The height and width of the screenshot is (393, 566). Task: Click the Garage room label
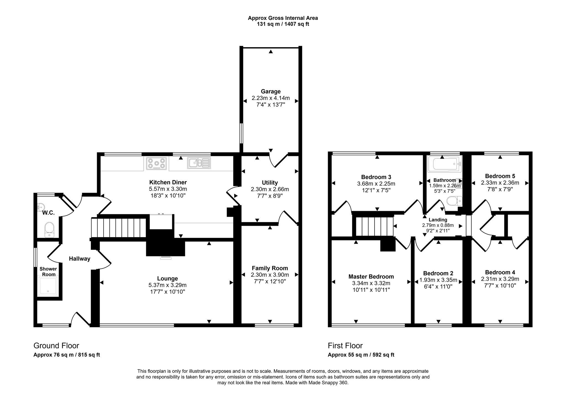271,91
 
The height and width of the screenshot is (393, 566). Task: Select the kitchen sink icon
199,163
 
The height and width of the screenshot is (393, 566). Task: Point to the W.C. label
48,213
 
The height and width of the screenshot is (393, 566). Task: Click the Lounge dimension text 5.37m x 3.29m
167,285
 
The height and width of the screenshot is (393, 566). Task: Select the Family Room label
270,268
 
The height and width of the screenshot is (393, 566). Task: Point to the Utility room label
270,182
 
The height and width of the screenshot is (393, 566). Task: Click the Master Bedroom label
371,277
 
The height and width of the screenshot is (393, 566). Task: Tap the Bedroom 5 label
500,176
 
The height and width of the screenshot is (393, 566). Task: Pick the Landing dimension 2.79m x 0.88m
438,225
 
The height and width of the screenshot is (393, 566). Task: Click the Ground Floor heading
56,346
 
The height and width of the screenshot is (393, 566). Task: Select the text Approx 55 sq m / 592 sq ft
361,355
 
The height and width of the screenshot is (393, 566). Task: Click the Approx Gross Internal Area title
283,18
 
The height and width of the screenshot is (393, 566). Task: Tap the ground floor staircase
118,228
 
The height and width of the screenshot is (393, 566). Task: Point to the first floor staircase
374,226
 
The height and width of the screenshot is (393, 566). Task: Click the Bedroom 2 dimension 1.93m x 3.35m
438,280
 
